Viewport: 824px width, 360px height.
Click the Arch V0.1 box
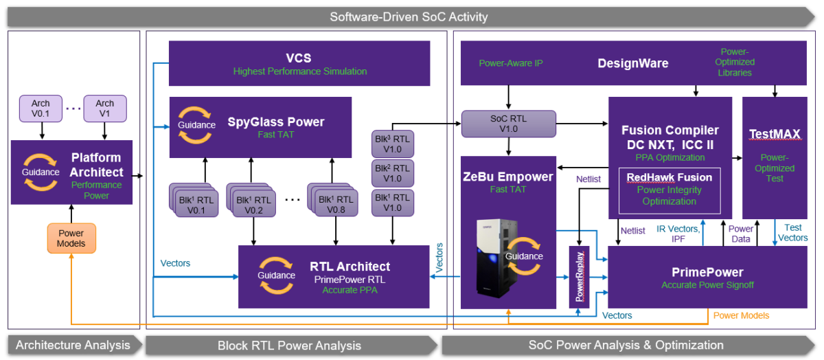point(41,109)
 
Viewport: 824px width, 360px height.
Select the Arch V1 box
point(104,109)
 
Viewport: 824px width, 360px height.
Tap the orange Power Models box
point(71,238)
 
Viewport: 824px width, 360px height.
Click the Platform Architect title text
point(97,165)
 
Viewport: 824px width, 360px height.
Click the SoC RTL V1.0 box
point(508,123)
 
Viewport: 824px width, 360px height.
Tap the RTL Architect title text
point(350,267)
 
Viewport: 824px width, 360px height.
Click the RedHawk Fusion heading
point(669,177)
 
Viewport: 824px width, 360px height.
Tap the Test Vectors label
point(792,233)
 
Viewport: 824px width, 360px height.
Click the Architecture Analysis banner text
point(73,345)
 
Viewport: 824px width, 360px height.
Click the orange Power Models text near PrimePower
point(741,315)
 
